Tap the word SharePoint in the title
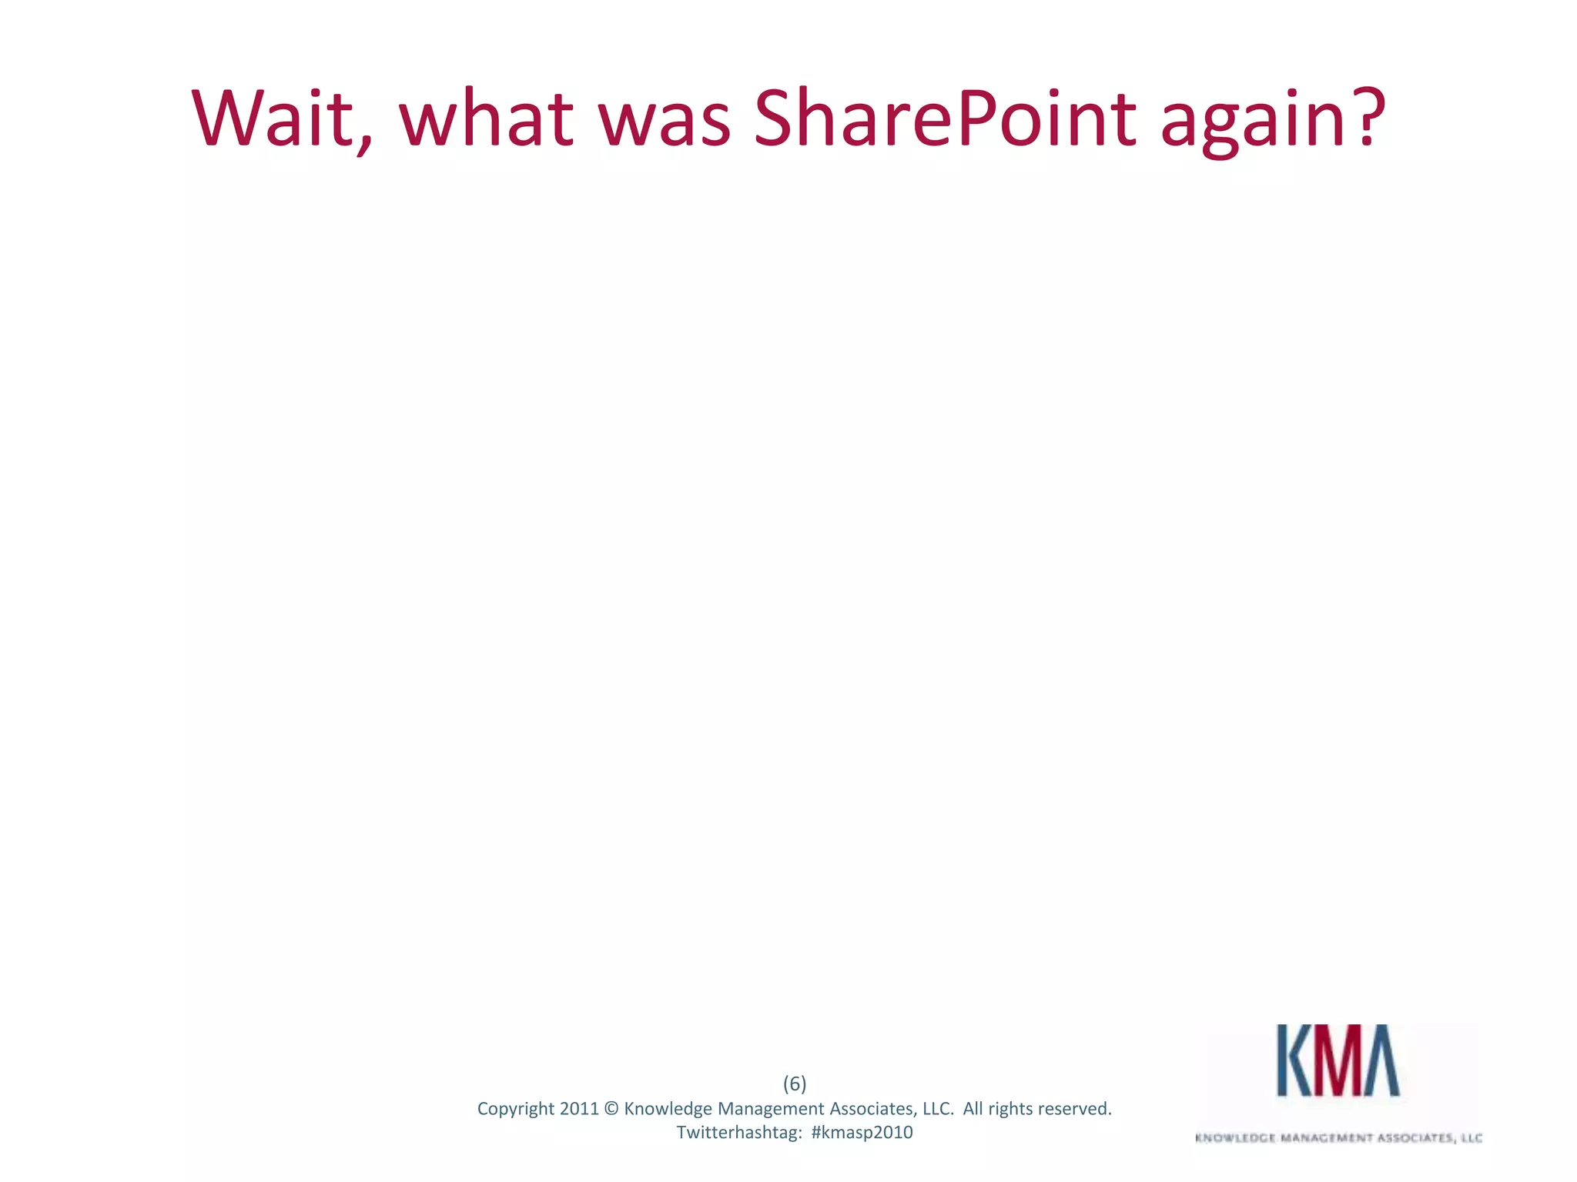coord(944,119)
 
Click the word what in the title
coord(486,119)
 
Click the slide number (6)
coord(795,1083)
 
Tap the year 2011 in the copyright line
coord(578,1109)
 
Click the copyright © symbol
coord(611,1109)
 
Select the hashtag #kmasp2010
coord(862,1133)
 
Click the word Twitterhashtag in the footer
coord(739,1133)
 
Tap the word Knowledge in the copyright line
coord(668,1109)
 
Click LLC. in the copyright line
coord(938,1109)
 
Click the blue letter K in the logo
coord(1294,1060)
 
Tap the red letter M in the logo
coord(1337,1060)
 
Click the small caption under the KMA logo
coord(1338,1137)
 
